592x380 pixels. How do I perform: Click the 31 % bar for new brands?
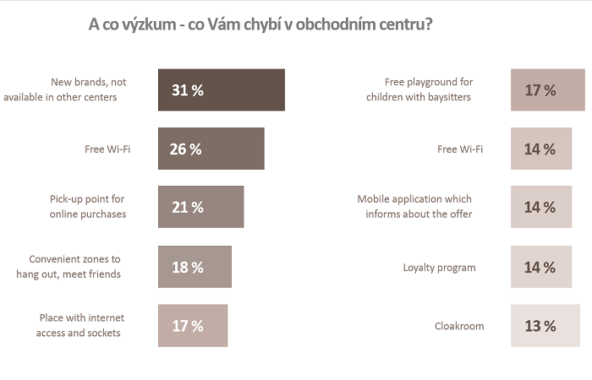[221, 90]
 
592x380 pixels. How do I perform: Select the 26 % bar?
[211, 149]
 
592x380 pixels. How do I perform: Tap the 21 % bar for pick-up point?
[200, 207]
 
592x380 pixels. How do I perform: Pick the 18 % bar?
[195, 267]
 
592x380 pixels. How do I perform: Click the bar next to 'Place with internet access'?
[193, 326]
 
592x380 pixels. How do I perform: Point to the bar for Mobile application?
[541, 207]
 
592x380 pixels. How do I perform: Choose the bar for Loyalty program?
[541, 267]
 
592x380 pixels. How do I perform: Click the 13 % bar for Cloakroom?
[545, 326]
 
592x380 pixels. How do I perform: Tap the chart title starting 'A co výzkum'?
[261, 24]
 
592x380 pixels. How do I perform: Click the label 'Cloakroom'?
[459, 326]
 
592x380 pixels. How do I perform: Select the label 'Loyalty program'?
[439, 268]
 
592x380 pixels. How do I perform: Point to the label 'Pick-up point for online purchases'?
[87, 207]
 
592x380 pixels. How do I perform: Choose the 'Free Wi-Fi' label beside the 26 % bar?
[107, 149]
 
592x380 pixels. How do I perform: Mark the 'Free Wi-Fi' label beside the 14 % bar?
[460, 149]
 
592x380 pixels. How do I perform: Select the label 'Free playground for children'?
[419, 90]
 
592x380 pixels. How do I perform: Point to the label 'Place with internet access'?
[79, 325]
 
